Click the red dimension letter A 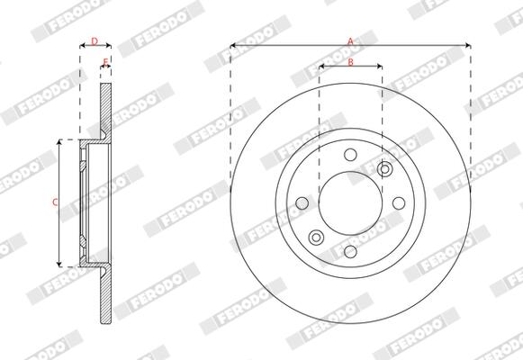[350, 41]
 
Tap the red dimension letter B [350, 62]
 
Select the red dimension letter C [56, 202]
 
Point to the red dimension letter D [95, 41]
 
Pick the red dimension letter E [105, 62]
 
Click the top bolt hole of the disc [350, 155]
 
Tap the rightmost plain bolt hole [399, 203]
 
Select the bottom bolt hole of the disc [350, 251]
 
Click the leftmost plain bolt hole [302, 203]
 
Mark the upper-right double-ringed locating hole [384, 169]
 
